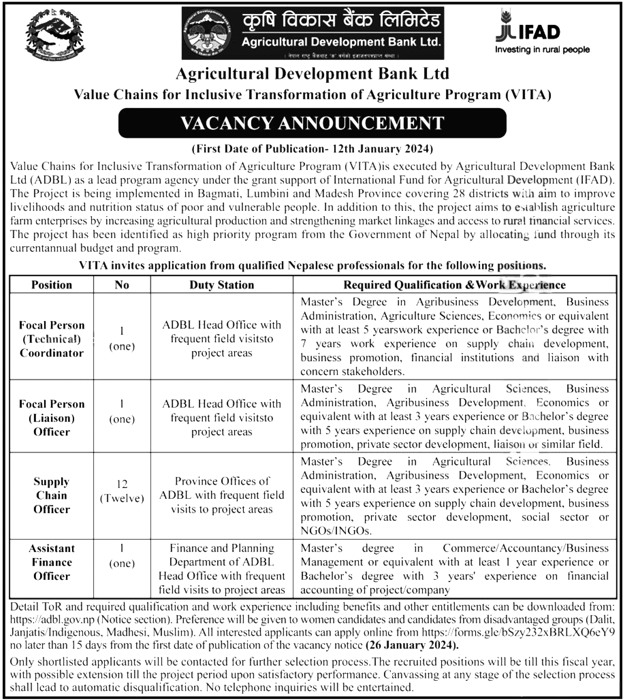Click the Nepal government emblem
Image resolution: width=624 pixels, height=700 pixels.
click(55, 35)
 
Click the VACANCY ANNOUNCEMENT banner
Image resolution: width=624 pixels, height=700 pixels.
click(312, 123)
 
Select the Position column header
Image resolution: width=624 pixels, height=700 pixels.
click(52, 285)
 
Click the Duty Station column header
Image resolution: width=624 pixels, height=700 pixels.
click(221, 285)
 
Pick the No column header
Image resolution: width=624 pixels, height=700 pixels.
click(122, 285)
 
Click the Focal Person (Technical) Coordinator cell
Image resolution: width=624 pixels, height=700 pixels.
click(52, 339)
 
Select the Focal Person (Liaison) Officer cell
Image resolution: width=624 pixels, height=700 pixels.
click(52, 418)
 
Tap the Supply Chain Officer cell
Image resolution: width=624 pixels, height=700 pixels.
click(52, 495)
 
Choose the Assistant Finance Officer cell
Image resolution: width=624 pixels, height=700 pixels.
click(52, 562)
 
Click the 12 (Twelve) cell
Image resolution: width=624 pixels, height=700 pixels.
click(122, 491)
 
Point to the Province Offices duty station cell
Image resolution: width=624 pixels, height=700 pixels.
click(221, 495)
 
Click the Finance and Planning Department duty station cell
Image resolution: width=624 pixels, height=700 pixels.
click(221, 569)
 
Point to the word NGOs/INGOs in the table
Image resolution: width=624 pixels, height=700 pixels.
click(336, 531)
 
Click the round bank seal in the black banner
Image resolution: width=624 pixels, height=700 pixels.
click(206, 33)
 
